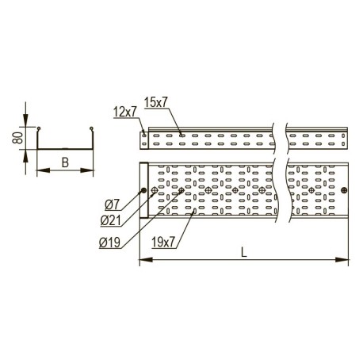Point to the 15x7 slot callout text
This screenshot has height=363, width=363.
point(156,101)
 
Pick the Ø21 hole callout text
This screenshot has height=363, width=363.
point(111,221)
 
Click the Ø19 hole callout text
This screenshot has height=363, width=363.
point(111,242)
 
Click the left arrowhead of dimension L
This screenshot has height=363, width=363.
point(143,259)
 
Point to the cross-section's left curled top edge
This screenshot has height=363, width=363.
point(39,128)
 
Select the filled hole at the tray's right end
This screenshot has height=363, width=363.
point(344,189)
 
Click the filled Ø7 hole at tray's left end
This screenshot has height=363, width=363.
point(143,191)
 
